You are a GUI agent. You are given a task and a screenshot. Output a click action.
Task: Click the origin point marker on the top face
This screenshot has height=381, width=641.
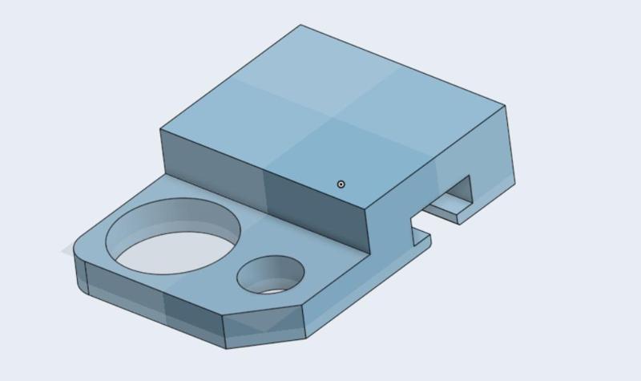click(341, 184)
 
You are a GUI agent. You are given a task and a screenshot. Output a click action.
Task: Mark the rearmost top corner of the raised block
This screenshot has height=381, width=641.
click(301, 25)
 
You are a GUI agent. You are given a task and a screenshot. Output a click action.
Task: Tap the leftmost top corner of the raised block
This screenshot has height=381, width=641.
click(161, 128)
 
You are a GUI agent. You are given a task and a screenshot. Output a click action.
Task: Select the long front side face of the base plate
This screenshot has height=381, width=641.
click(152, 309)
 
